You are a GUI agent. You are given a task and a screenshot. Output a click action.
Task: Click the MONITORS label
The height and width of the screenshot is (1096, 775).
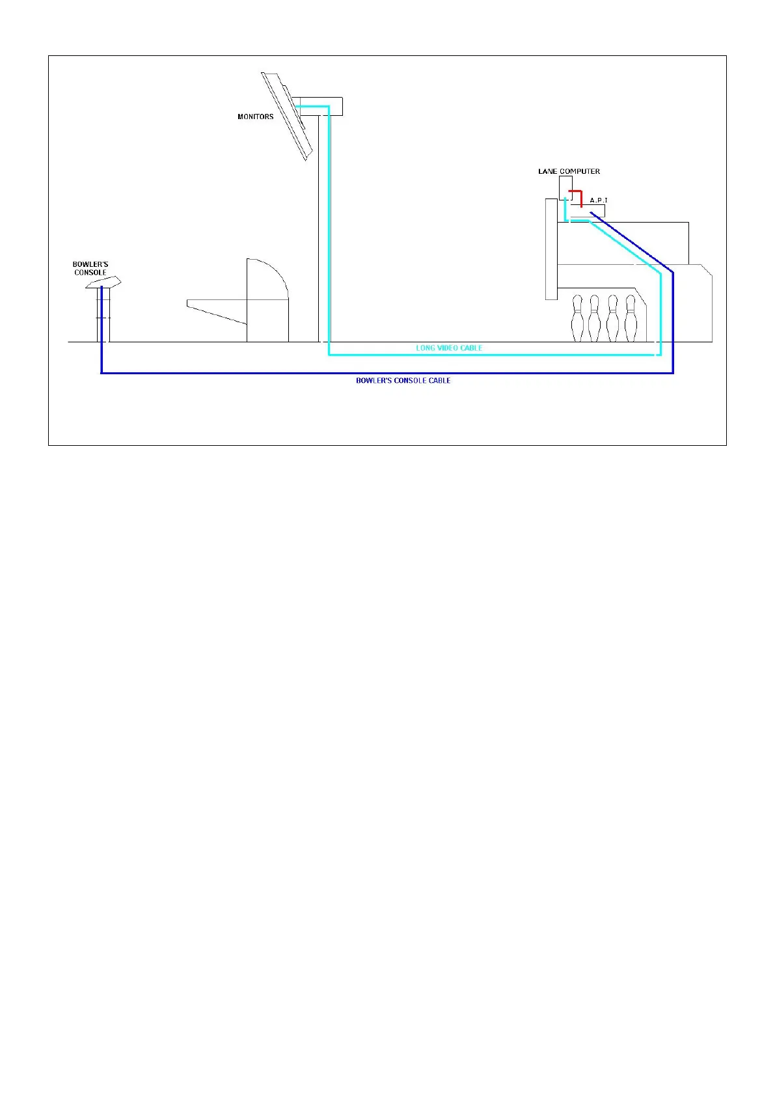coord(255,116)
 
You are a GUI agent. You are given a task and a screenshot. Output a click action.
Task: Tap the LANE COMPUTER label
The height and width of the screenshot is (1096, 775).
coord(569,171)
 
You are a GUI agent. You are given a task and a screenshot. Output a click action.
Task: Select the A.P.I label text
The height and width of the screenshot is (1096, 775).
coord(598,200)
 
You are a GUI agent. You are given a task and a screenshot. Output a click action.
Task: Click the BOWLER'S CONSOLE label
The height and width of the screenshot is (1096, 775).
coord(90,268)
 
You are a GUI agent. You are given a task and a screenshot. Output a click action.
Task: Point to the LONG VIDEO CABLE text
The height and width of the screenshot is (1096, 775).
coord(449,348)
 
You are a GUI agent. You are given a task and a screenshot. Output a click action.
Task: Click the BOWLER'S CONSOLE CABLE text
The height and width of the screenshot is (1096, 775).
coord(403,381)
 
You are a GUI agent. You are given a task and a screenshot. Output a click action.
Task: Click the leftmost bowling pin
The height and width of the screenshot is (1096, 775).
coord(577,319)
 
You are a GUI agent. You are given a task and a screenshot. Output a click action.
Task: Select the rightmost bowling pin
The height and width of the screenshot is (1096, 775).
coord(630,319)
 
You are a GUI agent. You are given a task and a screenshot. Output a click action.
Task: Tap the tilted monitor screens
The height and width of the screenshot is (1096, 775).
coord(286,116)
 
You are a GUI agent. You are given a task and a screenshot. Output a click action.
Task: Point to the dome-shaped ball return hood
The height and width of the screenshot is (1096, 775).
coord(267,280)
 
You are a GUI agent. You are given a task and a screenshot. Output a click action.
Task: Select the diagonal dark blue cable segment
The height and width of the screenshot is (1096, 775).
coord(631,241)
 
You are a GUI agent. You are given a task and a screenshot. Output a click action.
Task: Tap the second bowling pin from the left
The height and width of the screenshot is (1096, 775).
coord(594,319)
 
